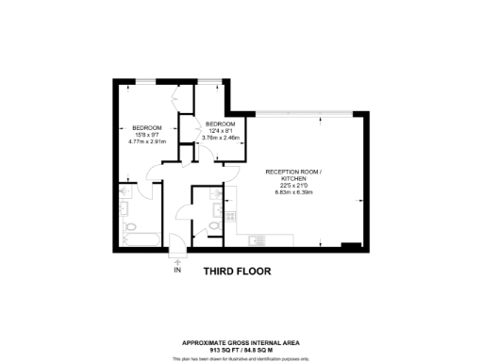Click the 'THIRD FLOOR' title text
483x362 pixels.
pos(237,271)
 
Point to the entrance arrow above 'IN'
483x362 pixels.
pos(176,257)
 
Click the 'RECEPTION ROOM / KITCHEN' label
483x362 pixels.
pos(292,175)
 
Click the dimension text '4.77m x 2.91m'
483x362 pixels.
pos(146,143)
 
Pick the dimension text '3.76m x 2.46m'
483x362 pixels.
pos(222,139)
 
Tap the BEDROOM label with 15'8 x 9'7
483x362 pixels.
pos(146,127)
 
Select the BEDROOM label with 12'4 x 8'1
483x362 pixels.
pos(221,123)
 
